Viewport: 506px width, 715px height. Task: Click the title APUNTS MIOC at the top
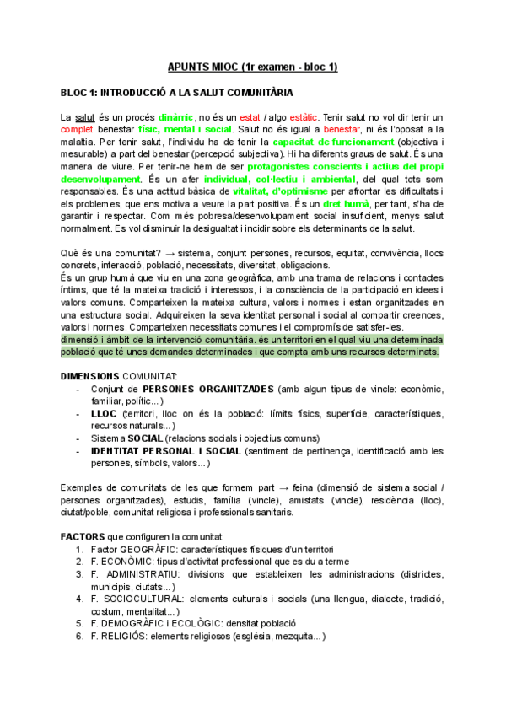tap(252, 67)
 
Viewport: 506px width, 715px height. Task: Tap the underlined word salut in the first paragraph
tap(84, 116)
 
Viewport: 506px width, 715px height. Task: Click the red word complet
tap(78, 130)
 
